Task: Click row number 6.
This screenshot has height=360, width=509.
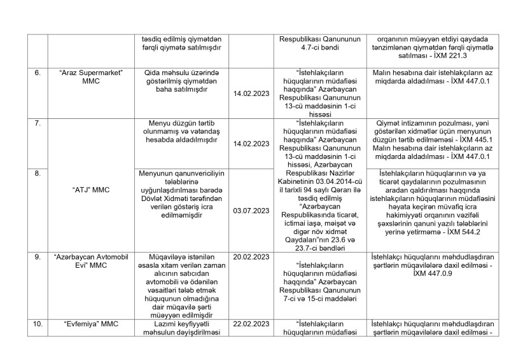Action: point(38,73)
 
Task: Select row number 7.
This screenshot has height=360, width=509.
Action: point(38,121)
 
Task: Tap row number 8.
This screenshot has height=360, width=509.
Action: point(38,172)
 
